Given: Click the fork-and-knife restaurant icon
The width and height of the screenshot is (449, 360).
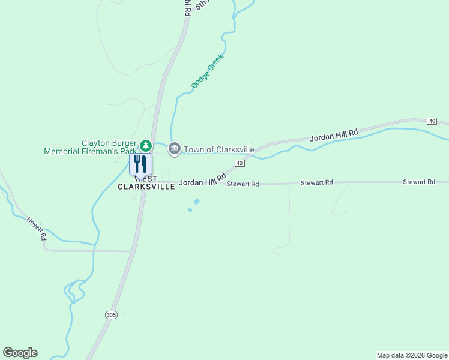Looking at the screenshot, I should pyautogui.click(x=140, y=164).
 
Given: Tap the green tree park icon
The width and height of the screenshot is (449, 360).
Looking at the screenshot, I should pyautogui.click(x=145, y=146).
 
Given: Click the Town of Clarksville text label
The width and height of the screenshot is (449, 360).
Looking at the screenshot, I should pyautogui.click(x=219, y=149).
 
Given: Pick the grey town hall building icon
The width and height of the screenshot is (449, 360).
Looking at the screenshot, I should pyautogui.click(x=175, y=148).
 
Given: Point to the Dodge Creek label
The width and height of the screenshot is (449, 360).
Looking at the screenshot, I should pyautogui.click(x=207, y=71).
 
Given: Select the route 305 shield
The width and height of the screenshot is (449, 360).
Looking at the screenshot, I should pyautogui.click(x=110, y=314).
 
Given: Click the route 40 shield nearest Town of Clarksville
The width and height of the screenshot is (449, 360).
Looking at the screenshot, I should pyautogui.click(x=240, y=163).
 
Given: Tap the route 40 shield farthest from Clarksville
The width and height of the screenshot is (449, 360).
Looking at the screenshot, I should pyautogui.click(x=432, y=121).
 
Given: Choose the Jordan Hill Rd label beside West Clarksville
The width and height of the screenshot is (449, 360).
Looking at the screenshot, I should pyautogui.click(x=202, y=180).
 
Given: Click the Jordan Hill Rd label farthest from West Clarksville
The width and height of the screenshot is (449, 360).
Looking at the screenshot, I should pyautogui.click(x=334, y=135).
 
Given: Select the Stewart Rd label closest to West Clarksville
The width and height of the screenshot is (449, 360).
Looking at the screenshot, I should pyautogui.click(x=243, y=184).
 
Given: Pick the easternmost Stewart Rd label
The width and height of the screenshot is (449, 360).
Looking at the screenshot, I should pyautogui.click(x=418, y=181).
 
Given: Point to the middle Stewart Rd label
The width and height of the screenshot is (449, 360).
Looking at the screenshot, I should pyautogui.click(x=316, y=182).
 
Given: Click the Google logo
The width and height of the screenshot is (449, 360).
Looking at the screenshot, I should pyautogui.click(x=20, y=353).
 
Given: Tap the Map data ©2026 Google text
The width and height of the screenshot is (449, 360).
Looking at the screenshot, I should pyautogui.click(x=412, y=355).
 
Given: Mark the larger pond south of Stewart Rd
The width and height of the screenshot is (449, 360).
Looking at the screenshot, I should pyautogui.click(x=196, y=202).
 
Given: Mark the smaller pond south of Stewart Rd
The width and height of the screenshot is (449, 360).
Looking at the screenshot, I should pyautogui.click(x=190, y=210).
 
